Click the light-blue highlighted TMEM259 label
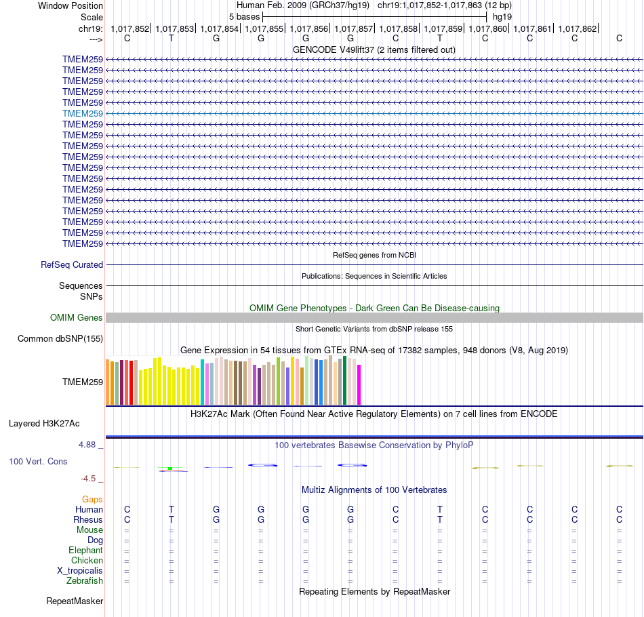(83, 113)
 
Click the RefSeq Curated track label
(72, 265)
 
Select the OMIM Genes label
(77, 317)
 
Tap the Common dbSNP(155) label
(60, 339)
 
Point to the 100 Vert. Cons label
(38, 461)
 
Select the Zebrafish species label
(85, 581)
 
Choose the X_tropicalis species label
(80, 571)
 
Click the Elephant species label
(85, 551)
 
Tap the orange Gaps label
(92, 499)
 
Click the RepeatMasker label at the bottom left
(75, 601)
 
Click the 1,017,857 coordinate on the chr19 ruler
(354, 28)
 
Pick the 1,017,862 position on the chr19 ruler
(578, 28)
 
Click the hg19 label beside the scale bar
(502, 16)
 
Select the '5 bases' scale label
(244, 16)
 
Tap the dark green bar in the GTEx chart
(345, 380)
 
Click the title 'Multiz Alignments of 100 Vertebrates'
(374, 490)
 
